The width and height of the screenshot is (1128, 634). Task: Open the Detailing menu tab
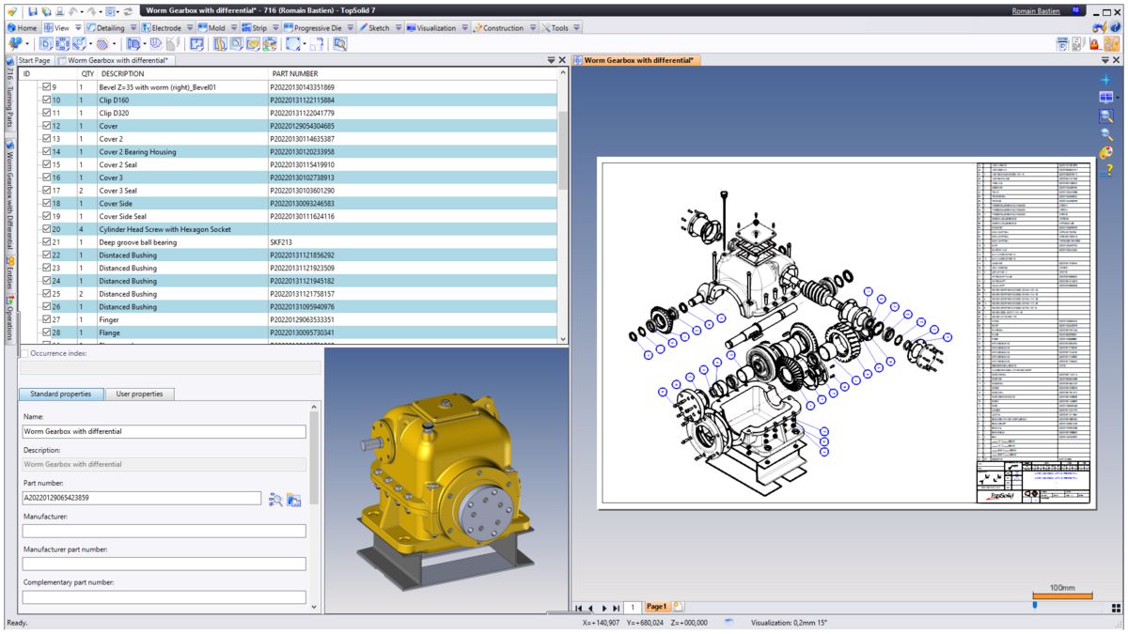tap(109, 28)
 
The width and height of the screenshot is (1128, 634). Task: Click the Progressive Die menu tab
tap(309, 28)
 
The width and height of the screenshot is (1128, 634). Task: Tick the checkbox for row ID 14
tap(46, 152)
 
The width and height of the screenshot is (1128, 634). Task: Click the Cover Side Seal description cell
tap(122, 217)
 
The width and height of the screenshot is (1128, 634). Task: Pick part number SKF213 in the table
tap(283, 242)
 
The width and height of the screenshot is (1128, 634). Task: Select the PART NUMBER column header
tap(293, 73)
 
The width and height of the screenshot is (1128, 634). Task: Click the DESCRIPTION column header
tap(122, 73)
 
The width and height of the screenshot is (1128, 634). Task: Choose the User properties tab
tap(139, 394)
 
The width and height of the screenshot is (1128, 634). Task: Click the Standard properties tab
tap(61, 394)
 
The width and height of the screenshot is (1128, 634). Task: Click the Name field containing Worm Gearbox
tap(164, 432)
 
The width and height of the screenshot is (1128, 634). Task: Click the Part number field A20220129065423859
tap(141, 499)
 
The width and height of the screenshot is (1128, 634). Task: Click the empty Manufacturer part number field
tap(164, 564)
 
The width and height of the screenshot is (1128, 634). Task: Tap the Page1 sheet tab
tap(656, 608)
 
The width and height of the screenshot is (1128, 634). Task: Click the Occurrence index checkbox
tap(23, 354)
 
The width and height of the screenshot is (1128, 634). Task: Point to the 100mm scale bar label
tap(1061, 588)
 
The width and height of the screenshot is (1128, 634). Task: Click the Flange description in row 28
tap(110, 332)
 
